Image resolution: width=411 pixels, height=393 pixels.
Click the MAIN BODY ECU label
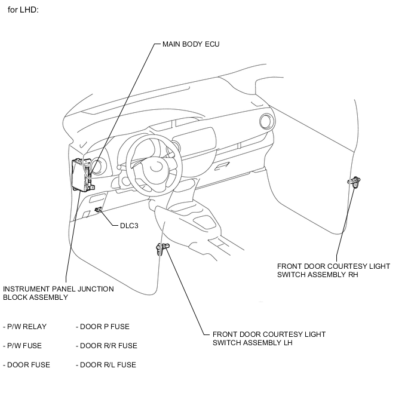pyautogui.click(x=191, y=44)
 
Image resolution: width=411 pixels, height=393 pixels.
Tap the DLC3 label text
pyautogui.click(x=129, y=226)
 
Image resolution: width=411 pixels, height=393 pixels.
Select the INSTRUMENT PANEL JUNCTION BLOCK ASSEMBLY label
pyautogui.click(x=59, y=293)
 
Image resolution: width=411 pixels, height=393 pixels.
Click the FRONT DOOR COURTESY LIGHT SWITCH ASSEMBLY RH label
pyautogui.click(x=334, y=271)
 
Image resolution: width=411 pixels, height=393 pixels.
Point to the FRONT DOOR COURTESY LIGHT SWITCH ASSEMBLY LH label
pyautogui.click(x=269, y=338)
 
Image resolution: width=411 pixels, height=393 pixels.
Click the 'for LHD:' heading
pyautogui.click(x=23, y=10)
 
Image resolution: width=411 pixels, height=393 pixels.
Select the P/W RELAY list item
pyautogui.click(x=25, y=327)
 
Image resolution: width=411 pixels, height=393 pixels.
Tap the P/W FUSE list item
pyautogui.click(x=22, y=346)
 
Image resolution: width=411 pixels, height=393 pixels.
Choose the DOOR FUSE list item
pyautogui.click(x=26, y=365)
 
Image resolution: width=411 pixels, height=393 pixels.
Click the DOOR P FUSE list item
pyautogui.click(x=103, y=327)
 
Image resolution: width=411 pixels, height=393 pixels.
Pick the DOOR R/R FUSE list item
pyautogui.click(x=107, y=346)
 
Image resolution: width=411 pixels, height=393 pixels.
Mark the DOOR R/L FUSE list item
pyautogui.click(x=106, y=365)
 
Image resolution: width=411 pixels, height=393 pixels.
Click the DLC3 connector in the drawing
pyautogui.click(x=99, y=209)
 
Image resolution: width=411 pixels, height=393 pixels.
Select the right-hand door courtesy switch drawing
pyautogui.click(x=354, y=182)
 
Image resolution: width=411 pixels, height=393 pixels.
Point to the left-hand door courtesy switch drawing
pyautogui.click(x=162, y=248)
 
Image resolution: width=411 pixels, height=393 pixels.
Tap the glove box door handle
pyautogui.click(x=222, y=166)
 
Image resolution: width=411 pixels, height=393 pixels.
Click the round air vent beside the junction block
pyautogui.click(x=99, y=167)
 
